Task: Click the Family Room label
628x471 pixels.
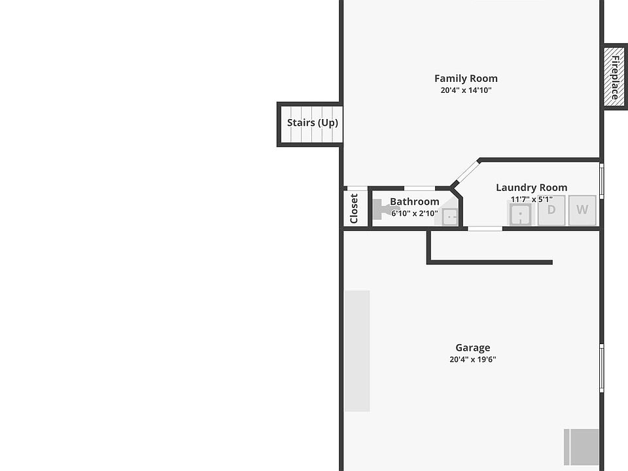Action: (466, 78)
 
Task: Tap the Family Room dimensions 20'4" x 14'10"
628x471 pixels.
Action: (466, 91)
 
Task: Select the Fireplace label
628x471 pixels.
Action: (615, 77)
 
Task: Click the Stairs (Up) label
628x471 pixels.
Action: (313, 123)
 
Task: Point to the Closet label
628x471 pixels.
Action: (354, 208)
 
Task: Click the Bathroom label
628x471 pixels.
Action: (414, 201)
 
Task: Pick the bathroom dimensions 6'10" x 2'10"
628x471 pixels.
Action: (414, 213)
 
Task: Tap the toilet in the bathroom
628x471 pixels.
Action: (383, 209)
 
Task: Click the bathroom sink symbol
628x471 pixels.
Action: (450, 217)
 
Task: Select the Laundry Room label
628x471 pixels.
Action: (531, 188)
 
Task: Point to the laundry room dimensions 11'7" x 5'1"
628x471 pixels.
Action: (531, 200)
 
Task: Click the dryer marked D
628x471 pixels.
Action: (551, 210)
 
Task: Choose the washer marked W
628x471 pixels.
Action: (582, 210)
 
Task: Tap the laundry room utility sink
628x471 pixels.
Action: (521, 214)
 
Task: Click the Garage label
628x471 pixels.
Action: (472, 348)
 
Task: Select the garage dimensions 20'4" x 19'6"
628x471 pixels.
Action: (472, 359)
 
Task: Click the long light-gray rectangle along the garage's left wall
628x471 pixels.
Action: (357, 351)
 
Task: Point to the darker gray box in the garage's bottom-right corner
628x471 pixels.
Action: (582, 447)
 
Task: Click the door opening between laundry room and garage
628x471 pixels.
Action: (485, 228)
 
